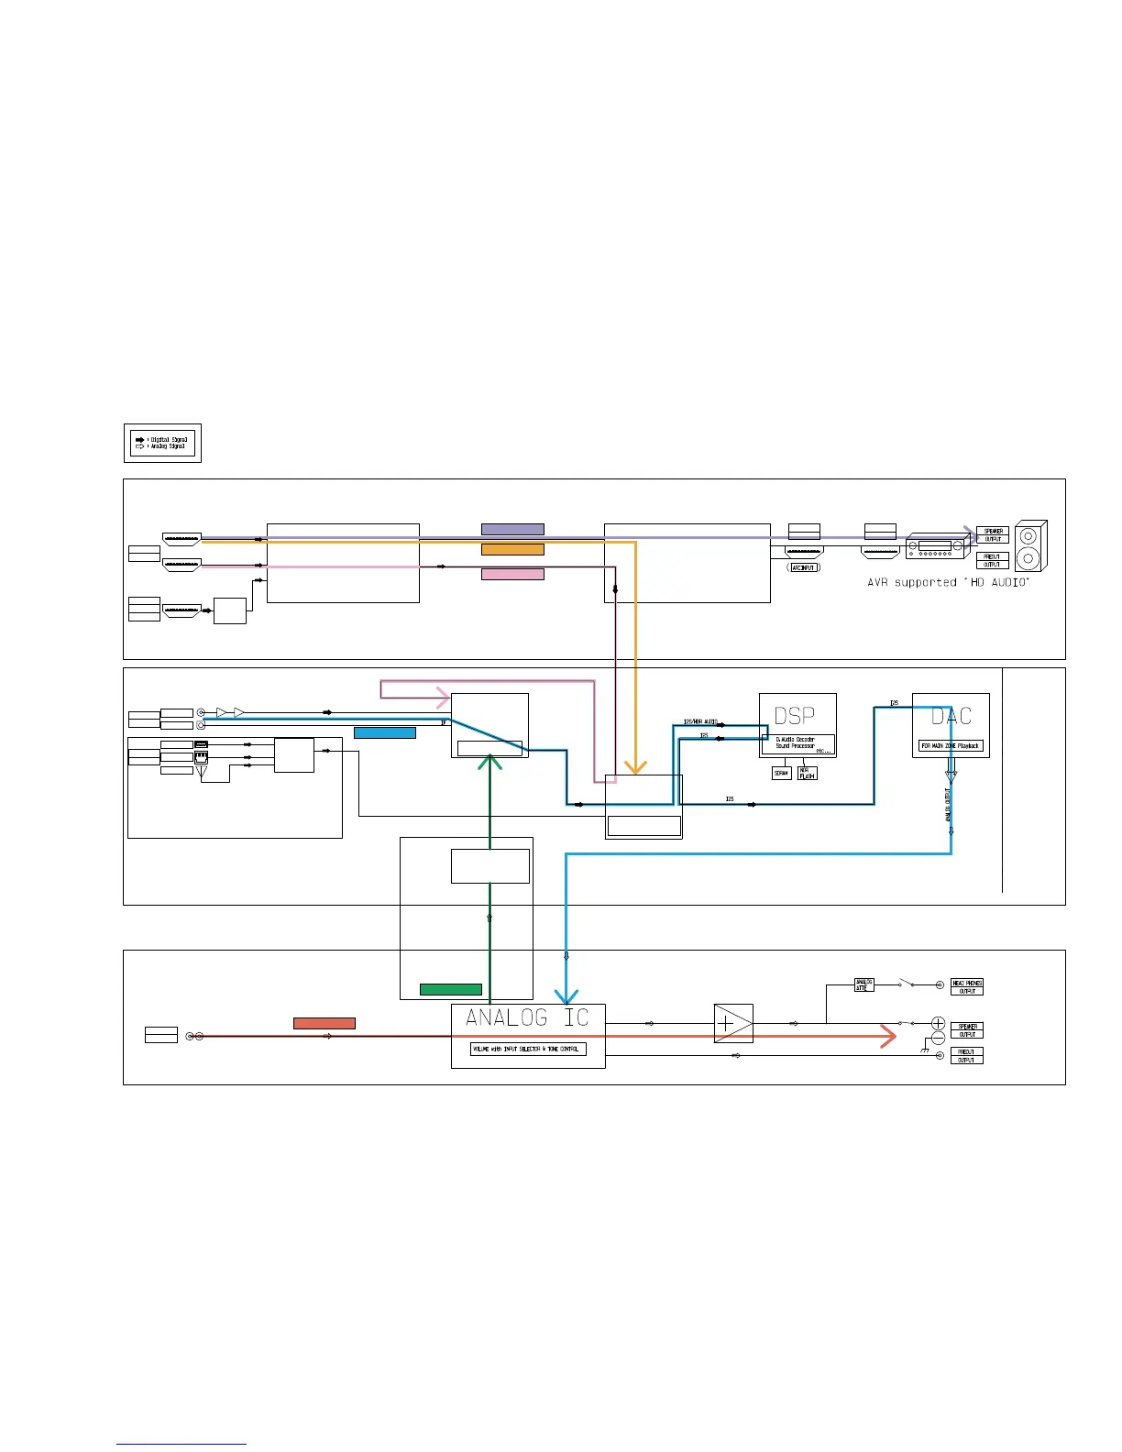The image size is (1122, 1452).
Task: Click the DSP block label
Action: coord(794,716)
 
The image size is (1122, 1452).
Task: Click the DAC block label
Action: coord(951,716)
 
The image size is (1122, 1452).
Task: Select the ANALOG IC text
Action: coord(527,1017)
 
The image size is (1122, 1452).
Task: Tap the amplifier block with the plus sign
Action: coord(732,1023)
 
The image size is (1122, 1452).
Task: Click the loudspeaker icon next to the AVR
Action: coord(1030,546)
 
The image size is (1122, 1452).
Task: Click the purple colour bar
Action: coord(512,529)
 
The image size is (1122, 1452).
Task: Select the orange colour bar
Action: coord(512,549)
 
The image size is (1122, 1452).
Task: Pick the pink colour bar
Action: coord(512,574)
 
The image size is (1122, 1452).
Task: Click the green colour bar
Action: coord(450,989)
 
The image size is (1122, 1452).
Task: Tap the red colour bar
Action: coord(324,1023)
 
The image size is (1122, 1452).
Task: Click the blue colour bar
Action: coord(384,732)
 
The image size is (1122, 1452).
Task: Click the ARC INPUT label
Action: coord(804,567)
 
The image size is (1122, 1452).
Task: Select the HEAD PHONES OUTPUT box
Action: coord(967,986)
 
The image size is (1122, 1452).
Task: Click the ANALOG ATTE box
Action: coord(863,984)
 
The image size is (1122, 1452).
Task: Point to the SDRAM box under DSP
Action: coord(781,774)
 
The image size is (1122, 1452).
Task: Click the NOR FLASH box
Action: coord(807,774)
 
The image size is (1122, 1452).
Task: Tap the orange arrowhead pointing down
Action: coord(635,766)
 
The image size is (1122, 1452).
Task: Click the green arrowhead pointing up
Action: coord(490,761)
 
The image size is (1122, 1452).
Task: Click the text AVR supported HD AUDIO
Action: coord(948,582)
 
